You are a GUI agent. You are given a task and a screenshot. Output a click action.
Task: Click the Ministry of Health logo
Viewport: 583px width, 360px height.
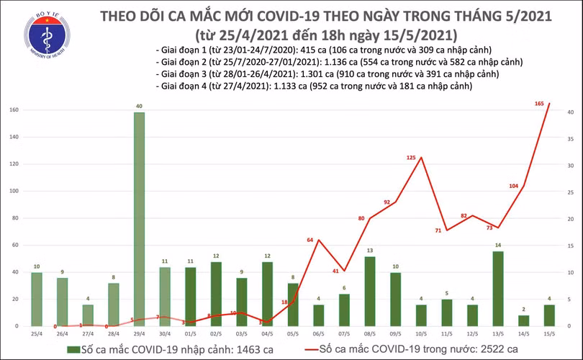tap(48, 35)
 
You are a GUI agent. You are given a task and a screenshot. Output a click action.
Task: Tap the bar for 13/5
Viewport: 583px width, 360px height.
tap(497, 288)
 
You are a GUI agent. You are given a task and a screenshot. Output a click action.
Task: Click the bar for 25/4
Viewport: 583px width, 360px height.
tap(37, 299)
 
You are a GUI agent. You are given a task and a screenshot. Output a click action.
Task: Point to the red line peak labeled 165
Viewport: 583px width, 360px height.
tap(549, 104)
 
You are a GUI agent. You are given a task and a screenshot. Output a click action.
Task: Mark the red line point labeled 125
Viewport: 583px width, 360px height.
tap(421, 158)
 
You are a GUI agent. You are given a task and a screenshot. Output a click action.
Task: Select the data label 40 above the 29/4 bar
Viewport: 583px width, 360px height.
tap(139, 106)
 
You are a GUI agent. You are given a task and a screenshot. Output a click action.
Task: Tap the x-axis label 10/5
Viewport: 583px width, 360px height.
tap(421, 335)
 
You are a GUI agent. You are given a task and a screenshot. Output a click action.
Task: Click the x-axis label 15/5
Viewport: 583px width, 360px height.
tap(549, 335)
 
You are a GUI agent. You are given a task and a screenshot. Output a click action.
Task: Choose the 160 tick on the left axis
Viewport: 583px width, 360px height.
tap(13, 110)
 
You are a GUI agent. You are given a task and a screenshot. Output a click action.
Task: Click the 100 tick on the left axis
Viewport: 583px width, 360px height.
tap(13, 191)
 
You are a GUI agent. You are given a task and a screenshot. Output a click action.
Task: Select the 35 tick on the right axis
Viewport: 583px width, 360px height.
tap(569, 139)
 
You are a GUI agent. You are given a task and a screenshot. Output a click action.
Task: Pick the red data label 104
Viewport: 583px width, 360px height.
tap(513, 186)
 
